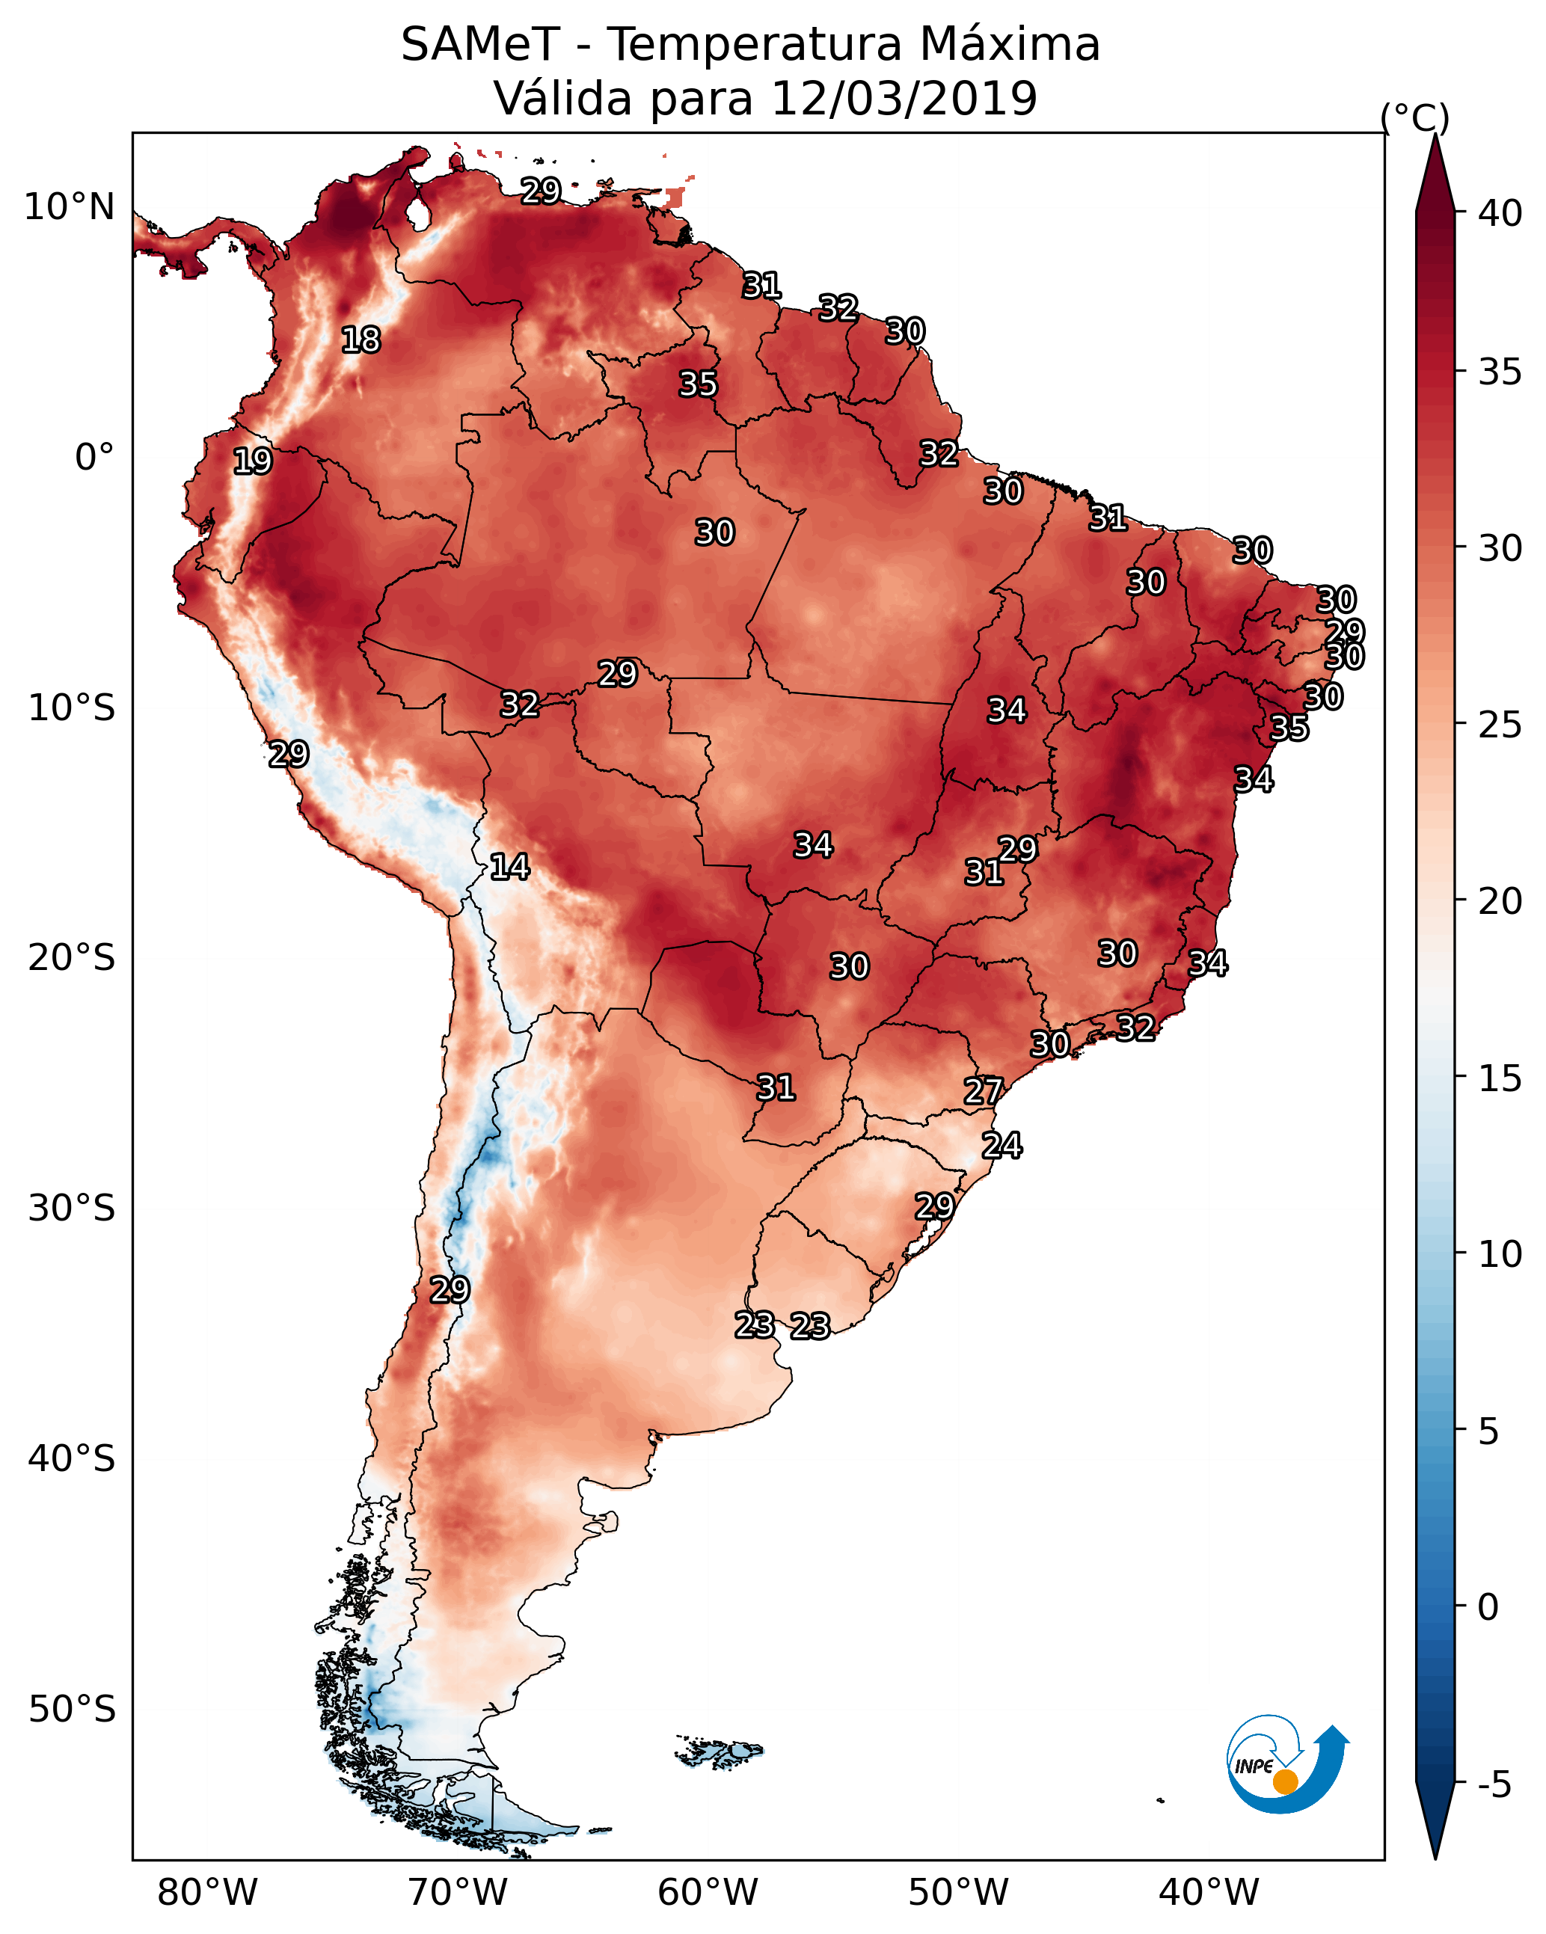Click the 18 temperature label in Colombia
(361, 340)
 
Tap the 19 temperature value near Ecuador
(252, 461)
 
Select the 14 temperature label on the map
(509, 867)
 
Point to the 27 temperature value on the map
(984, 1091)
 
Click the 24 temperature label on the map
(1001, 1146)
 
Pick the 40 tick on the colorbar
(1500, 213)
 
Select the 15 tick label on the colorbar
(1500, 1079)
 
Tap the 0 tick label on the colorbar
(1488, 1607)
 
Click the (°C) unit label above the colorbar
(1415, 117)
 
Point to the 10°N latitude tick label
(69, 207)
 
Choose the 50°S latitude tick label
(72, 1710)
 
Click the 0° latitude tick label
(95, 458)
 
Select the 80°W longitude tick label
(207, 1893)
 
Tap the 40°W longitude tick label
(1209, 1893)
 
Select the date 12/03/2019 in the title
(904, 98)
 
